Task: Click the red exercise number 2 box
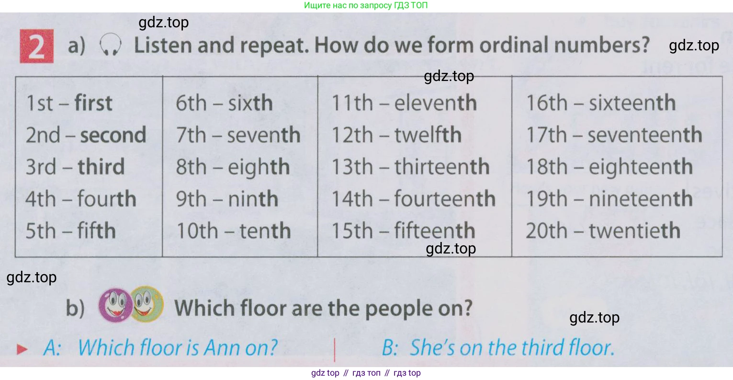37,46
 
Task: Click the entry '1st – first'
69,103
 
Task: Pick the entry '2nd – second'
86,135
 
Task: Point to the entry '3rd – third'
75,167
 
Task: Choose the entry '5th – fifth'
71,230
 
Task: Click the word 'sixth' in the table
250,103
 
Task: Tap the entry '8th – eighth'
233,167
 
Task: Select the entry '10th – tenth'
234,230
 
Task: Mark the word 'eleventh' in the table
436,103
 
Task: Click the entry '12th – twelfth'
396,135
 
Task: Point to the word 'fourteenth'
445,198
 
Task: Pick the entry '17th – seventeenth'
614,135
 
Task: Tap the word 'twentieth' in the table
635,230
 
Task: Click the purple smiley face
115,305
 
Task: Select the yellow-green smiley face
147,304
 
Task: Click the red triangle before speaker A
22,349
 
